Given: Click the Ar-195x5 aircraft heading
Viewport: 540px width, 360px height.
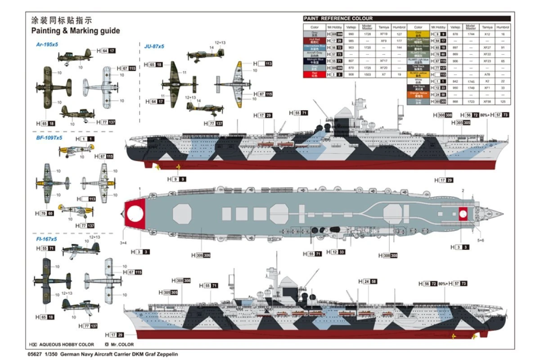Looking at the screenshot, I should click(x=47, y=45).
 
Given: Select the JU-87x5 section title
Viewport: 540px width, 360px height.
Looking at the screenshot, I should click(x=154, y=46).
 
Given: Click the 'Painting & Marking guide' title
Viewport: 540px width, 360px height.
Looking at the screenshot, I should click(x=76, y=31).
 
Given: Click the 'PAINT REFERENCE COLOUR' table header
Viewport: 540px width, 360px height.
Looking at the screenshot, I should click(x=338, y=18).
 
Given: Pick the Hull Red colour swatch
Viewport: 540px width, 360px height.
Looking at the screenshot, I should click(x=314, y=40).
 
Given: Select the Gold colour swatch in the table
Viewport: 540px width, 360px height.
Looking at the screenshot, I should click(x=418, y=34).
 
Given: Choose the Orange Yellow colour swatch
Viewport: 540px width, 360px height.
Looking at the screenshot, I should click(x=418, y=94).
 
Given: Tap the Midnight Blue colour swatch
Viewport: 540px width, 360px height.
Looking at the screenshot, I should click(x=314, y=60).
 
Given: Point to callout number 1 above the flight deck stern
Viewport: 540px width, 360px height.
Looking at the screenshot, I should click(x=140, y=189).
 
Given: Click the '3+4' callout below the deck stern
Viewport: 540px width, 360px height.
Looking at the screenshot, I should click(x=123, y=243).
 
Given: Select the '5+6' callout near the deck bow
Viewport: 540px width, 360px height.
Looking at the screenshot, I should click(x=481, y=241).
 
